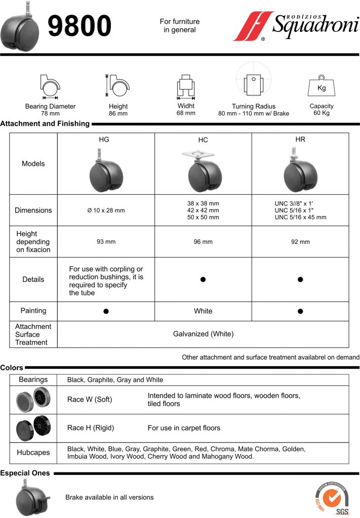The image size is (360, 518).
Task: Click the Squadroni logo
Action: click(x=297, y=26)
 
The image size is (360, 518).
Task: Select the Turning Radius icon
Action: click(x=253, y=81)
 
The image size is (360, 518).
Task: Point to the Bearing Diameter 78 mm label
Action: click(x=50, y=110)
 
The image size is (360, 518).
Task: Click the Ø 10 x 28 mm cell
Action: click(x=106, y=210)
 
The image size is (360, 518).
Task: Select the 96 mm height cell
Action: click(x=203, y=242)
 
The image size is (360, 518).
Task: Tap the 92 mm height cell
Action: click(x=300, y=242)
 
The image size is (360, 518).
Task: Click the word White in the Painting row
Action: click(x=203, y=311)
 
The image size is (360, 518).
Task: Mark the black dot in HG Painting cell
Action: click(x=106, y=311)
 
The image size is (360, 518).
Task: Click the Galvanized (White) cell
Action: click(x=203, y=334)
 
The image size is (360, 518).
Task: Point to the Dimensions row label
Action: click(x=33, y=210)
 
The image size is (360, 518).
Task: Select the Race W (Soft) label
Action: click(x=90, y=400)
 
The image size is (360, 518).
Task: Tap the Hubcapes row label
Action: click(x=33, y=453)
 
